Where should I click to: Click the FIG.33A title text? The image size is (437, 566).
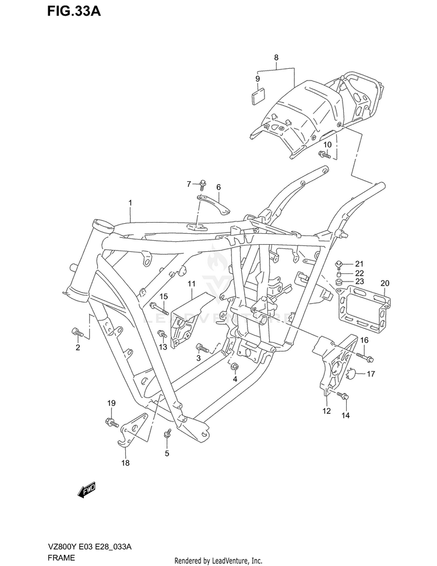coord(73,12)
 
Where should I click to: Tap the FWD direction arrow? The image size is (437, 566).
coord(86,490)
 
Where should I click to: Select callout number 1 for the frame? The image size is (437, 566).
coord(131,203)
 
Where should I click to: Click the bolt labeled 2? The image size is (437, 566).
coord(77,332)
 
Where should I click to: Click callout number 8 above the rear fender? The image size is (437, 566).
coord(276,57)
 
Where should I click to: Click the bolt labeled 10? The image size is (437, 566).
coord(325,154)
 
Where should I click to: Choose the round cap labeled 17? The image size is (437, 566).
coord(351,374)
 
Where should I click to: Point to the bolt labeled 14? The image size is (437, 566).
coord(343,396)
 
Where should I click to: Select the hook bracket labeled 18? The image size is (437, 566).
coord(133,430)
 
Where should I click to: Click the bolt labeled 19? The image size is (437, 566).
coord(112,422)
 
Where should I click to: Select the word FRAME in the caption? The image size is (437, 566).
coord(61,558)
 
